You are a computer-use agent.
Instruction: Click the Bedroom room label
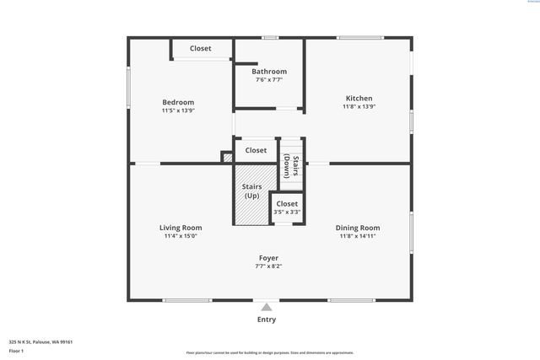(178, 102)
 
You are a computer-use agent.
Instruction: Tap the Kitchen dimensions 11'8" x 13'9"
(359, 107)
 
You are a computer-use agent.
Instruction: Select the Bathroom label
(269, 72)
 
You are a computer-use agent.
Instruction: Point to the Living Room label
(181, 228)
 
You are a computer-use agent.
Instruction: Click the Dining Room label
(358, 228)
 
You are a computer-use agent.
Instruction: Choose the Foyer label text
(268, 258)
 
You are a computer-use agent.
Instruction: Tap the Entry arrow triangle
(267, 307)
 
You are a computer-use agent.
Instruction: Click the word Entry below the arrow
(267, 320)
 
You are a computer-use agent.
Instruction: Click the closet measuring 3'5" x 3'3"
(287, 207)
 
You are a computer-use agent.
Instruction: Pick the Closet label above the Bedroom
(201, 49)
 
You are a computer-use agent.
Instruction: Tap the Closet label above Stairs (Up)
(256, 150)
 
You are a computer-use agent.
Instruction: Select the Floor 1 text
(17, 351)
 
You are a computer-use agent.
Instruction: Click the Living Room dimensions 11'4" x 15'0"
(181, 236)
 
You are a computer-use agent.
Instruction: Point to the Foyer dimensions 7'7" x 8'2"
(268, 266)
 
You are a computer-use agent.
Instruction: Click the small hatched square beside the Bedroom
(226, 157)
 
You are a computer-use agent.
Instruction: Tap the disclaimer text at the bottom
(270, 353)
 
